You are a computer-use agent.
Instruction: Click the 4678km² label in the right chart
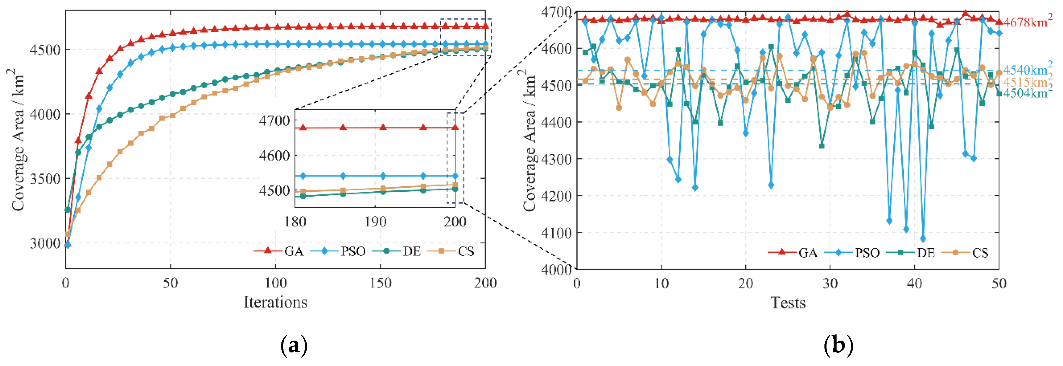pos(1027,22)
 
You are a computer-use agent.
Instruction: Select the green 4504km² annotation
pos(1027,93)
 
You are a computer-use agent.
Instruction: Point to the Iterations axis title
pos(275,303)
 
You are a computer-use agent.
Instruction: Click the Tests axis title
pos(788,303)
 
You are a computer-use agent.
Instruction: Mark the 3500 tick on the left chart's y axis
pos(45,179)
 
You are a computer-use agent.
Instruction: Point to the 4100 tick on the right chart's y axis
pos(555,233)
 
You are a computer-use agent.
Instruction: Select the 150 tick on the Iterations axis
pos(380,283)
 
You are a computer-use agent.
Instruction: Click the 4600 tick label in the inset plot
pos(274,156)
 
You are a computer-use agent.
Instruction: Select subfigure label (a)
pos(294,345)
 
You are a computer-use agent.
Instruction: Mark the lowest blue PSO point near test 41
pos(923,239)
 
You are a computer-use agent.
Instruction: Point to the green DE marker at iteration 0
pos(68,210)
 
